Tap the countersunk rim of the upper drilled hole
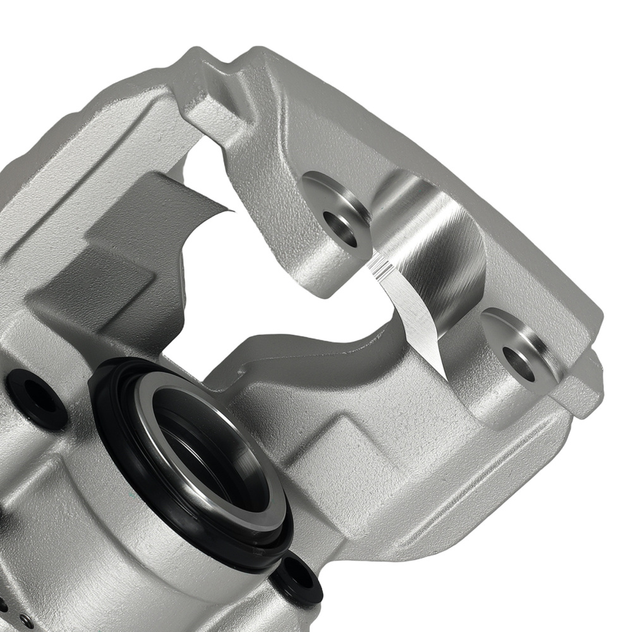(322, 190)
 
